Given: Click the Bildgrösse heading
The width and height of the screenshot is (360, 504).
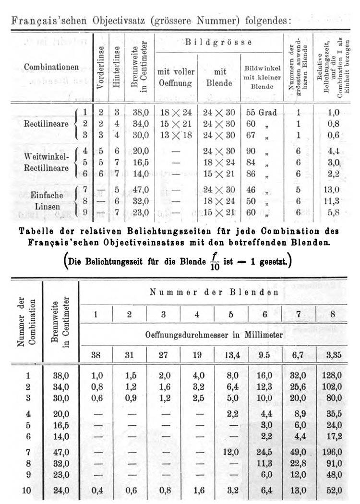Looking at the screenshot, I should pyautogui.click(x=219, y=42).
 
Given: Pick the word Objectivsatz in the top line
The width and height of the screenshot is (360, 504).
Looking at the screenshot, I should pyautogui.click(x=108, y=21).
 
